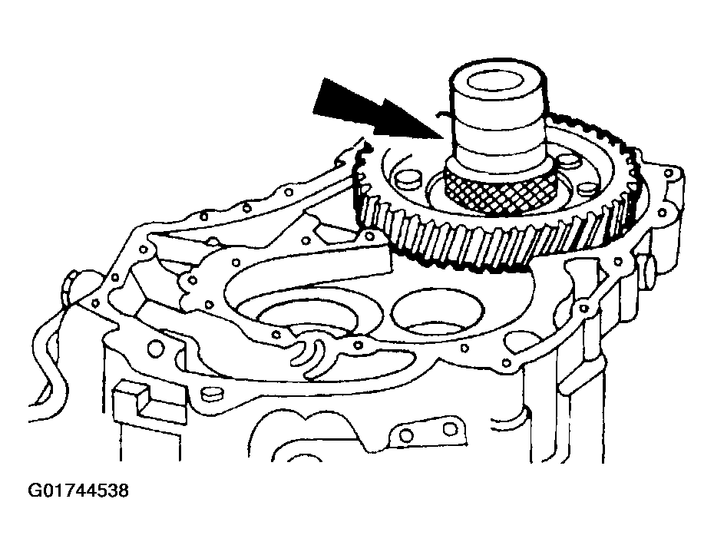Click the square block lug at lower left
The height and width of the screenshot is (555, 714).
pos(128,399)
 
